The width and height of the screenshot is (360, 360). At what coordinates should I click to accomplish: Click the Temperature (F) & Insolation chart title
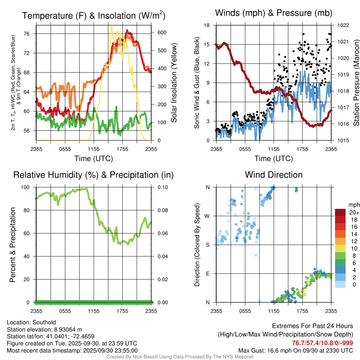coord(93,15)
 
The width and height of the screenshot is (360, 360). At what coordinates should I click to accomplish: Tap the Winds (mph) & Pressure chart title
coord(274,13)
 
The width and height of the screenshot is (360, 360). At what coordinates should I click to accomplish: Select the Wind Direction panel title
coord(274,174)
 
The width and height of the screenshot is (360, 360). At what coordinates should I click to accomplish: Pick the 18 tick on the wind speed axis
coord(207,25)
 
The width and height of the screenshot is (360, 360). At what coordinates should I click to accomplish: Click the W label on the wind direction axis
coord(208,216)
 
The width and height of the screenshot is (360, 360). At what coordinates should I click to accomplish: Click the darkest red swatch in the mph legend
coord(340,212)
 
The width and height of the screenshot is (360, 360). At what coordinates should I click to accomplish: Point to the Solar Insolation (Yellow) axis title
coord(174,83)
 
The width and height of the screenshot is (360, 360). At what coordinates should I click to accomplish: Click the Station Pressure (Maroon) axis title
coord(356,83)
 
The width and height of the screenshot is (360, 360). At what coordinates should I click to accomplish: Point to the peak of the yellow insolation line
coord(111,26)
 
